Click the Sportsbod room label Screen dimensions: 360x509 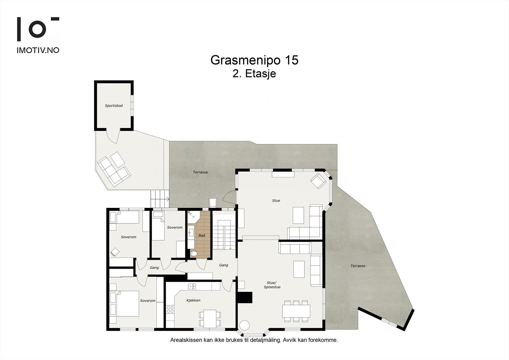(114, 106)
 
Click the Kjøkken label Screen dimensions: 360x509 (193, 300)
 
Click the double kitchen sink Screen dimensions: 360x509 (192, 286)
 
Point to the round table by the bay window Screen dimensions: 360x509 (245, 326)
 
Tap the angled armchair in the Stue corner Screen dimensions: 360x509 (318, 181)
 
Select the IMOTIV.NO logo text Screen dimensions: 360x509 (38, 50)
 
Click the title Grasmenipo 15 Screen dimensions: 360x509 (254, 60)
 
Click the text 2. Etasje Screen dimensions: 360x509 (254, 74)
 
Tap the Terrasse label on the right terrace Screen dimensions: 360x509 (358, 266)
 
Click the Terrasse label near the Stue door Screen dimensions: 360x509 (200, 172)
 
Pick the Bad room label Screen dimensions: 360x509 (202, 236)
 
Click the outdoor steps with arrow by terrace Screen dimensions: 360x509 (159, 199)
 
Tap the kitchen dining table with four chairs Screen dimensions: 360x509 (210, 318)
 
